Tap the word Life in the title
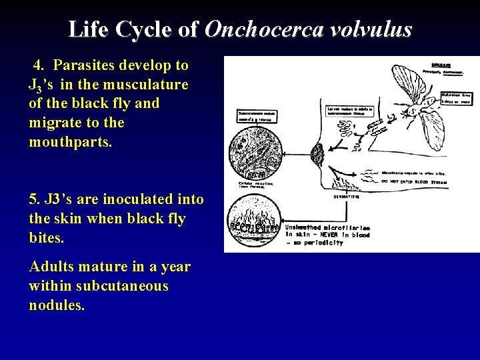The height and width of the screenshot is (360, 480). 88,30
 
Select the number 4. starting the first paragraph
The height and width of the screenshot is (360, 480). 39,65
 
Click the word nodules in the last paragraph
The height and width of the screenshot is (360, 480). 57,305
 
